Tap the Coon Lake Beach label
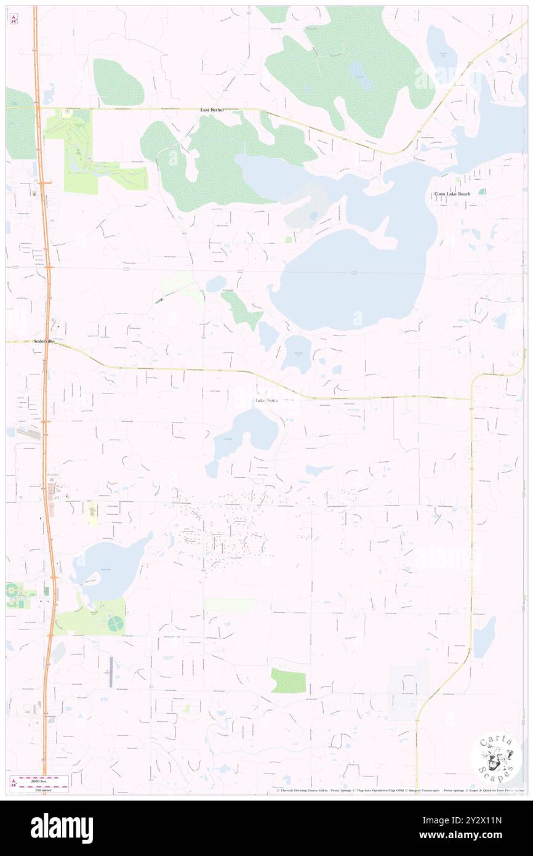coord(452,194)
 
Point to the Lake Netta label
coord(266,401)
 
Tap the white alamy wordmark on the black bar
coord(62,828)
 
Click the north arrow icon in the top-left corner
coord(14,18)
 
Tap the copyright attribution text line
coord(400,791)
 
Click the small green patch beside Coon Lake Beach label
coord(481,192)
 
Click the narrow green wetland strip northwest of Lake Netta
coord(242,309)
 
